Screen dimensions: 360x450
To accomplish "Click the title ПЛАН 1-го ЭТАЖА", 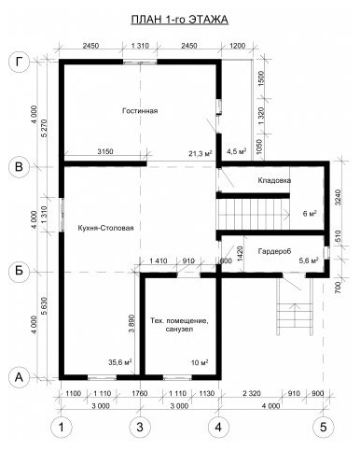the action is (x=180, y=20).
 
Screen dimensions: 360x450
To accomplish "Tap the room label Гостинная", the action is (x=140, y=111).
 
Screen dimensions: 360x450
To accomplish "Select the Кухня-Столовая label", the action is (x=105, y=228).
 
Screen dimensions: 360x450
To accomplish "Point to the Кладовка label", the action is (x=274, y=180).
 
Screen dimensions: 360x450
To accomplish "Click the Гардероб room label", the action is (x=274, y=251).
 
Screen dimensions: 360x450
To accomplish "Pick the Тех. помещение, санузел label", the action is (x=179, y=325).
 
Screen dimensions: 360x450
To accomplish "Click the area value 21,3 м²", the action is (x=201, y=153).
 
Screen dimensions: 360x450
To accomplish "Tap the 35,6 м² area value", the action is (x=120, y=362).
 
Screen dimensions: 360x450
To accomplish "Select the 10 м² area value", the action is (x=200, y=362).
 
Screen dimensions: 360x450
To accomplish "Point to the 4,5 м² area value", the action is (x=237, y=151).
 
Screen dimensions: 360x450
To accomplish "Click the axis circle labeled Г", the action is (x=20, y=63).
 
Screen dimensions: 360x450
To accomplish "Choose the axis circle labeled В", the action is (x=20, y=167).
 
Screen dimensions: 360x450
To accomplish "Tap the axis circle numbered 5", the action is (x=324, y=428).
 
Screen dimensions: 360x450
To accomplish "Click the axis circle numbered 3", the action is (x=140, y=428).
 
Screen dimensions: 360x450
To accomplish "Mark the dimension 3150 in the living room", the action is (x=105, y=151).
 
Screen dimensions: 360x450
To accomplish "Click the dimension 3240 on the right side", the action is (x=338, y=198).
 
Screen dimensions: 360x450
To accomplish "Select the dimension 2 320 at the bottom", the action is (x=251, y=393).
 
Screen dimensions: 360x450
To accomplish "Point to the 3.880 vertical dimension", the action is (x=132, y=323).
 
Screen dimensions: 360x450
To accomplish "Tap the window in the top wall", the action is (x=140, y=62).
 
